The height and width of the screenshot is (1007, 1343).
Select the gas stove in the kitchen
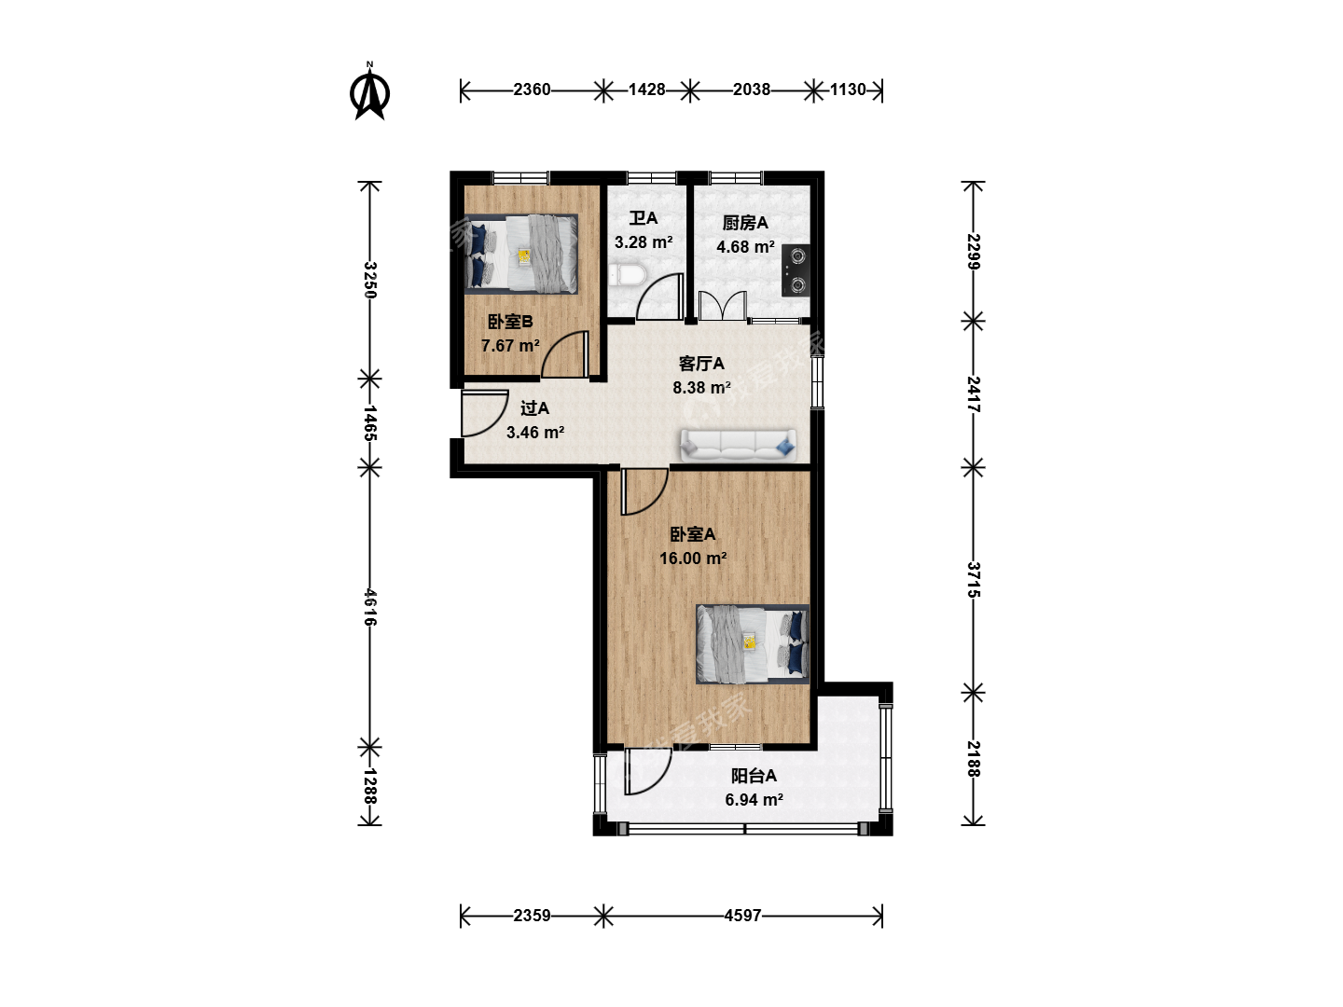[796, 270]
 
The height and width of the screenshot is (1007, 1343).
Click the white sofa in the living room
[739, 445]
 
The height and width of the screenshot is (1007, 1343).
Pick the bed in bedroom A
[753, 643]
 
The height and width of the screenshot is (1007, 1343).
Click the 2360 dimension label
[532, 90]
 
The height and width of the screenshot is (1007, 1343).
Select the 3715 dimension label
[974, 580]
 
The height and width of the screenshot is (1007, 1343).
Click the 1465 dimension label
[369, 422]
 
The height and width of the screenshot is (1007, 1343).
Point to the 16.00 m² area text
[693, 559]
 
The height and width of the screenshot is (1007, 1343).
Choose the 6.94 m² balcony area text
[754, 800]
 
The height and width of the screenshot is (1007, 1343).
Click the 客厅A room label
[701, 364]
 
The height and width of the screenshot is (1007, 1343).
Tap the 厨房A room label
[744, 223]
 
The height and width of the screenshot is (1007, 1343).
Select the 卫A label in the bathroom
[643, 218]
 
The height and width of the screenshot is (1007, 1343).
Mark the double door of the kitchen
[723, 306]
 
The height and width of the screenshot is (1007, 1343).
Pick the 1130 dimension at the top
[848, 90]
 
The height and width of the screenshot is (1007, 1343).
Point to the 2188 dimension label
[974, 759]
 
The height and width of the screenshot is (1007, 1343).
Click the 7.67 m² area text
[510, 346]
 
